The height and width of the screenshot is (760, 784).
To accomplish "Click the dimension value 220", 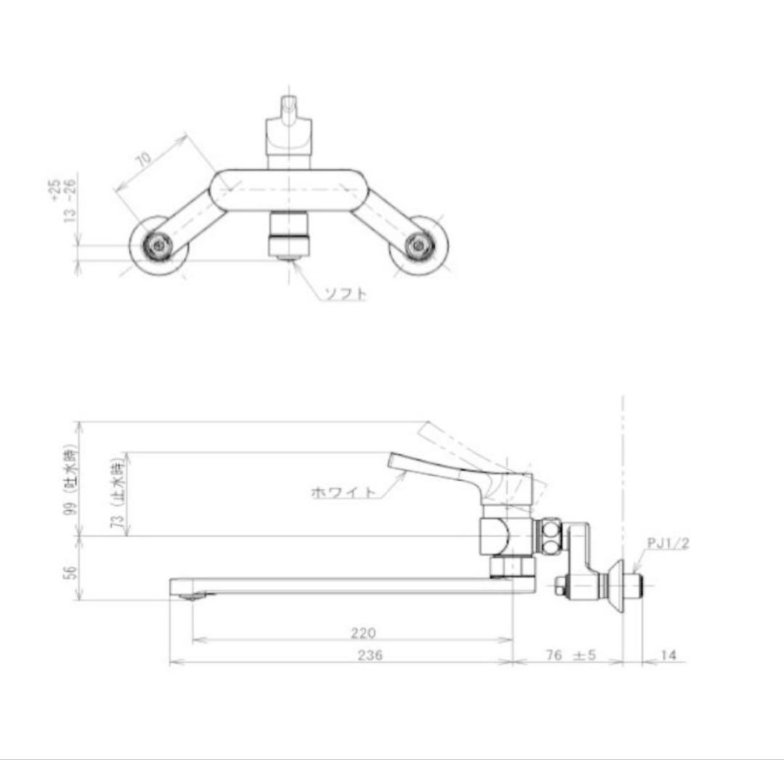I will [x=363, y=633].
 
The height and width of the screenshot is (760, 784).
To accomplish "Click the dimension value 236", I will [x=369, y=655].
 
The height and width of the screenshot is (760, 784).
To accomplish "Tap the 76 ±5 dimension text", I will [x=570, y=655].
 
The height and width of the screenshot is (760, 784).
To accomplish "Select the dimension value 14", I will [x=669, y=655].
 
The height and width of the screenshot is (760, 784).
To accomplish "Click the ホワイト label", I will [x=344, y=492].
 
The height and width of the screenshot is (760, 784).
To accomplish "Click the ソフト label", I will [x=345, y=294].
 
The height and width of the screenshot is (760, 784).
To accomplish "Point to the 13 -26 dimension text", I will [x=70, y=211].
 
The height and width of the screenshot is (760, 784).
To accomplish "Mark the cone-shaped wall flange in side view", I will [x=619, y=585].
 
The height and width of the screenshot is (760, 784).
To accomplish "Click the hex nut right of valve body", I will [x=550, y=535].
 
